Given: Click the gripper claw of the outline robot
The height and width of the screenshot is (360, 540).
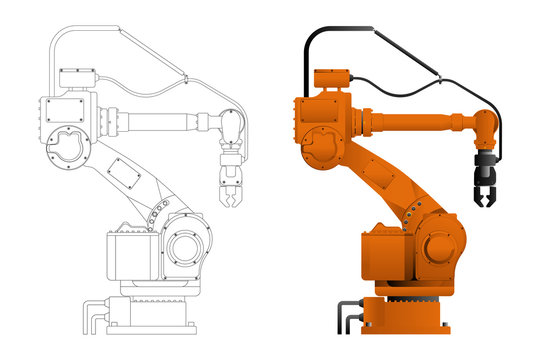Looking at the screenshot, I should click(229, 186).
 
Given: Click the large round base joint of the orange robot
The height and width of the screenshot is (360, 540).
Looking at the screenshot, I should click(439, 245).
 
